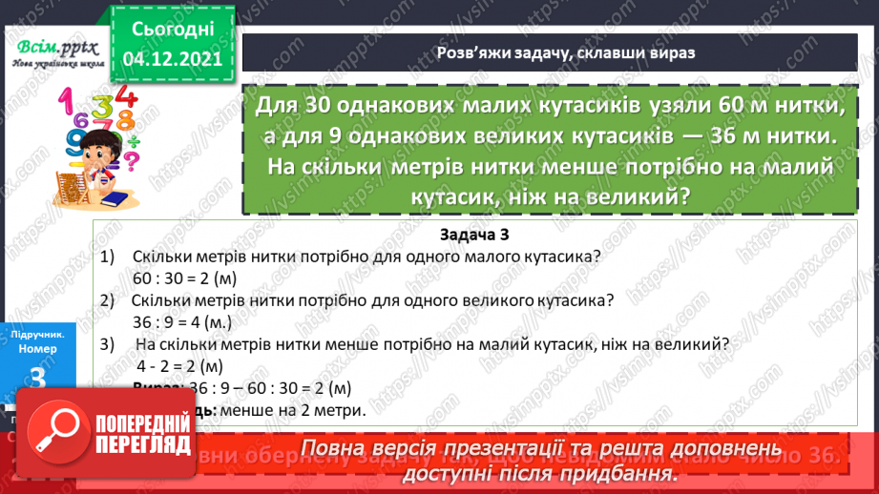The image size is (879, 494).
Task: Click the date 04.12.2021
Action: pyautogui.click(x=173, y=58)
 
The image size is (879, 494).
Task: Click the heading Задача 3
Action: pyautogui.click(x=481, y=235)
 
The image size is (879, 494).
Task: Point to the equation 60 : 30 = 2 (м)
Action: pyautogui.click(x=185, y=278)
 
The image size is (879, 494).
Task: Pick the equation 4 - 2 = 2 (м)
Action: pyautogui.click(x=180, y=365)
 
